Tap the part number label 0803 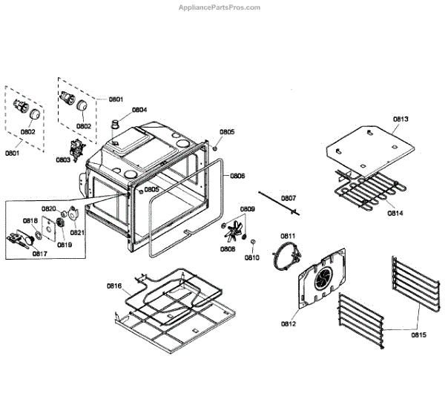[63, 159]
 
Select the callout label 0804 [139, 110]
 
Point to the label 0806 [237, 176]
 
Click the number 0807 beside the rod [289, 198]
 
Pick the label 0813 [401, 119]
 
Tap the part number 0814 [395, 214]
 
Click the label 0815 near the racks [418, 335]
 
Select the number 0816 [113, 286]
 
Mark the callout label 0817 [39, 253]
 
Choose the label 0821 [77, 232]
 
